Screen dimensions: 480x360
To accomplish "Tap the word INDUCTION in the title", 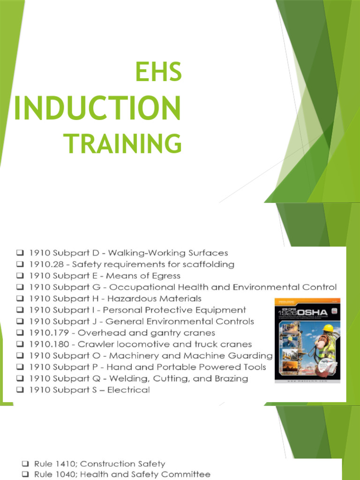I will click(x=97, y=107).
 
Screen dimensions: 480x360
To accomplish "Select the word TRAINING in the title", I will click(x=122, y=143).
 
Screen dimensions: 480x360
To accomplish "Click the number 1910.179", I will click(x=49, y=333).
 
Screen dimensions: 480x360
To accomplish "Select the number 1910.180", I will click(x=49, y=344).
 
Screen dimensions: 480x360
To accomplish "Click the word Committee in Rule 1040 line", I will click(x=187, y=475).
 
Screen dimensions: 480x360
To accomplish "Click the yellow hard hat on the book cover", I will click(x=328, y=328).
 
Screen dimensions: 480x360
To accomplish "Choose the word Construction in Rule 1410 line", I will click(x=95, y=464).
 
